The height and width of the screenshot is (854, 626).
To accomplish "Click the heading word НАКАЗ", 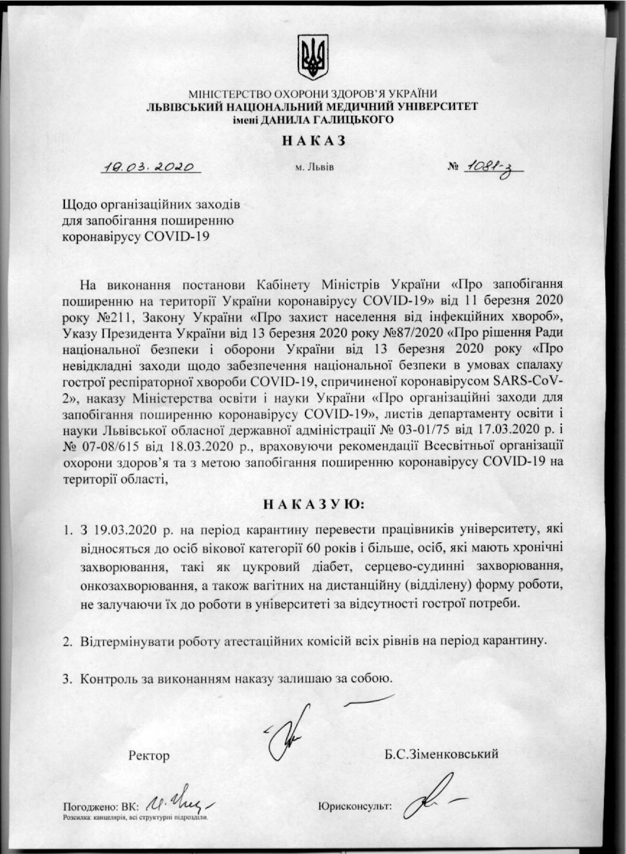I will [x=313, y=140].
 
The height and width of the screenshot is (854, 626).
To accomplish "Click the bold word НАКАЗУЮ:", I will [x=313, y=504].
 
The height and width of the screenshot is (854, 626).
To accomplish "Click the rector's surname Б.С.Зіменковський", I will [x=441, y=754].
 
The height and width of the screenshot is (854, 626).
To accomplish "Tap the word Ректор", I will [x=149, y=756].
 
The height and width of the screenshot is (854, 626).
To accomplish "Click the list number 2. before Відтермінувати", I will [x=67, y=640].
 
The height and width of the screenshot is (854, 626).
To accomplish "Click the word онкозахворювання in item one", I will [x=136, y=585].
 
